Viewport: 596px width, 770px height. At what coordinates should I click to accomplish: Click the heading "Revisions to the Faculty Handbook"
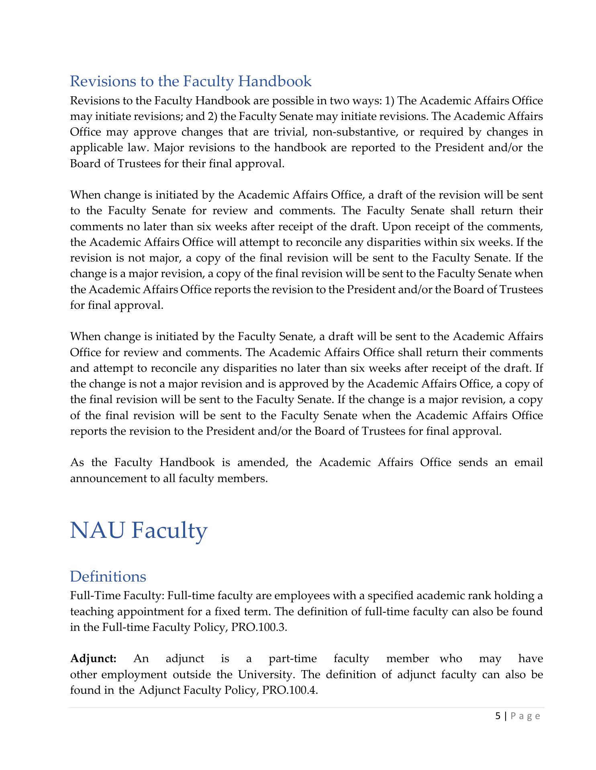(190, 81)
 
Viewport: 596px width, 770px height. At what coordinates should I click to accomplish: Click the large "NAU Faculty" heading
(139, 530)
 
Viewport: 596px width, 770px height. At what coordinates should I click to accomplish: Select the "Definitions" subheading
(108, 577)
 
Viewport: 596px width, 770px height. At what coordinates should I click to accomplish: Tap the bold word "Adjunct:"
(94, 659)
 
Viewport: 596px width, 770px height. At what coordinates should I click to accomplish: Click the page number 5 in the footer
(498, 716)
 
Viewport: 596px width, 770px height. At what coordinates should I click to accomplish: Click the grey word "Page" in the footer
(525, 716)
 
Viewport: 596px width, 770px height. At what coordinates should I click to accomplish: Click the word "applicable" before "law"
(94, 148)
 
